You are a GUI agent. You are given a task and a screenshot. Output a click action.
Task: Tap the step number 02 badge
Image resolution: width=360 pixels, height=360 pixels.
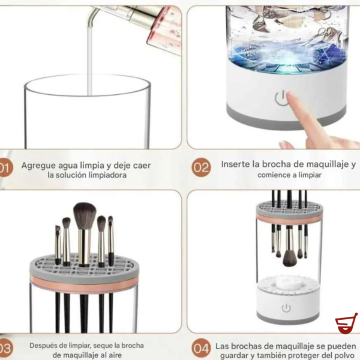point(201,167)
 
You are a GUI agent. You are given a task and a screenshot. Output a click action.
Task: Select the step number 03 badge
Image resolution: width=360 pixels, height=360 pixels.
point(4,348)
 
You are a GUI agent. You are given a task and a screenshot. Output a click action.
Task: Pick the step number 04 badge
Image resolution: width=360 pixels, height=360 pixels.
point(201,348)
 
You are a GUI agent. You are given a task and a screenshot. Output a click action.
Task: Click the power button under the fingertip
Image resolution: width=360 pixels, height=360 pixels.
point(280,98)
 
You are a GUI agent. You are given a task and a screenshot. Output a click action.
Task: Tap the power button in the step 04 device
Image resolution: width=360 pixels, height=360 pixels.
point(286,308)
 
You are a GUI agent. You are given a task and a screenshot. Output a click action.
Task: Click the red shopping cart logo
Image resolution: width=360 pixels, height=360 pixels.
point(346,324)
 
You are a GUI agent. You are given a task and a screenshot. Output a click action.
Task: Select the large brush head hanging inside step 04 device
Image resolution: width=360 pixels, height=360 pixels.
point(290,257)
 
